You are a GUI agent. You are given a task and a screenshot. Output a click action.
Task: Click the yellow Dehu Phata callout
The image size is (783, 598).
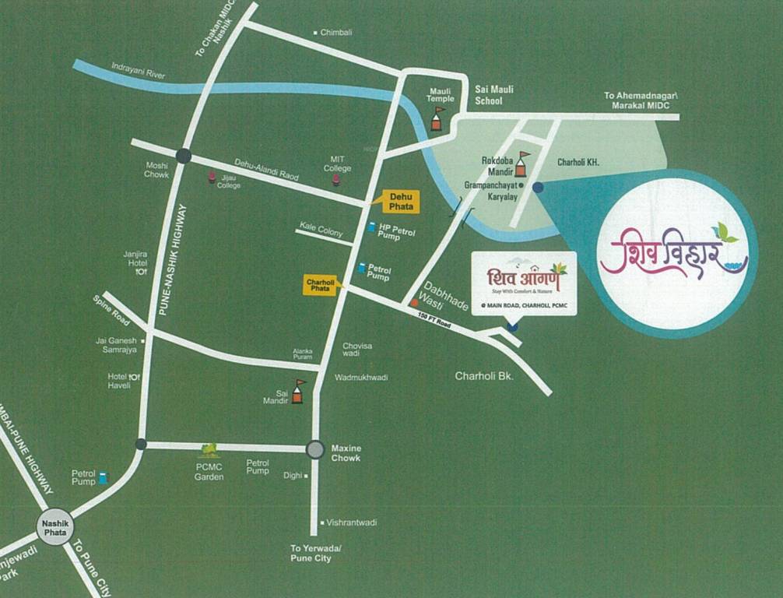401,201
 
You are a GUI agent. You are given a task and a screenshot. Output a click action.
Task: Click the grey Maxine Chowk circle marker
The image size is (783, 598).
314,449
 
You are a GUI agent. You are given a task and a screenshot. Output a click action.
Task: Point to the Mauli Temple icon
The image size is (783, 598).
438,118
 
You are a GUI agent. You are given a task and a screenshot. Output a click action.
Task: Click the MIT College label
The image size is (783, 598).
337,164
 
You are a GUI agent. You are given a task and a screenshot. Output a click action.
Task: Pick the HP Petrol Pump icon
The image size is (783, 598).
371,228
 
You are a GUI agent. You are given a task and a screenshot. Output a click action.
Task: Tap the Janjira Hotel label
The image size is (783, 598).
135,258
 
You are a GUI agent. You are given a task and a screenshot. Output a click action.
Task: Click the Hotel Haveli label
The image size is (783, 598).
119,382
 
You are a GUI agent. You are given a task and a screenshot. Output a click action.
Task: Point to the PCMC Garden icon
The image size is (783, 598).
209,449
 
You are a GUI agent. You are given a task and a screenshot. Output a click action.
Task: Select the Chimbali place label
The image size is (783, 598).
336,32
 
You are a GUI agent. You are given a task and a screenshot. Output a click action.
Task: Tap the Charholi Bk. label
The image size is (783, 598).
487,376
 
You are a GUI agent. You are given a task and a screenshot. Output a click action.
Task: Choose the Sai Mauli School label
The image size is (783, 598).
494,95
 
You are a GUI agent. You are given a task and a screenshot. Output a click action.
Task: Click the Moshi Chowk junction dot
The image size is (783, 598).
184,156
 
